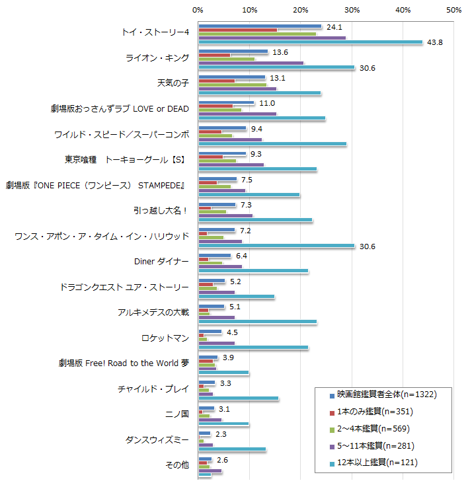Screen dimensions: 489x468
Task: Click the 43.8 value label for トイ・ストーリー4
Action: tap(435, 43)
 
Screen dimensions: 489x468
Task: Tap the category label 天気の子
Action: tap(173, 83)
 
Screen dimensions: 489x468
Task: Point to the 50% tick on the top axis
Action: tap(454, 10)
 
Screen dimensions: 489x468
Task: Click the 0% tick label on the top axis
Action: tap(198, 10)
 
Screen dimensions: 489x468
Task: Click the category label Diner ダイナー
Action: tap(162, 262)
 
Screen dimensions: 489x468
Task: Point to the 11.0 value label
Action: tap(267, 104)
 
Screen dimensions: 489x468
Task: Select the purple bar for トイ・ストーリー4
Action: tap(272, 38)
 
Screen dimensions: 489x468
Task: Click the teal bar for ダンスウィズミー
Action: tap(232, 449)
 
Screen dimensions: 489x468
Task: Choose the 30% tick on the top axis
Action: tap(352, 10)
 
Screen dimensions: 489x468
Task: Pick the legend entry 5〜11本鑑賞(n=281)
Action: tap(376, 445)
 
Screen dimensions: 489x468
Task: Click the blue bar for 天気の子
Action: tap(231, 77)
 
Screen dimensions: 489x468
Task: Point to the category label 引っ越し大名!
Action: tap(161, 211)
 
